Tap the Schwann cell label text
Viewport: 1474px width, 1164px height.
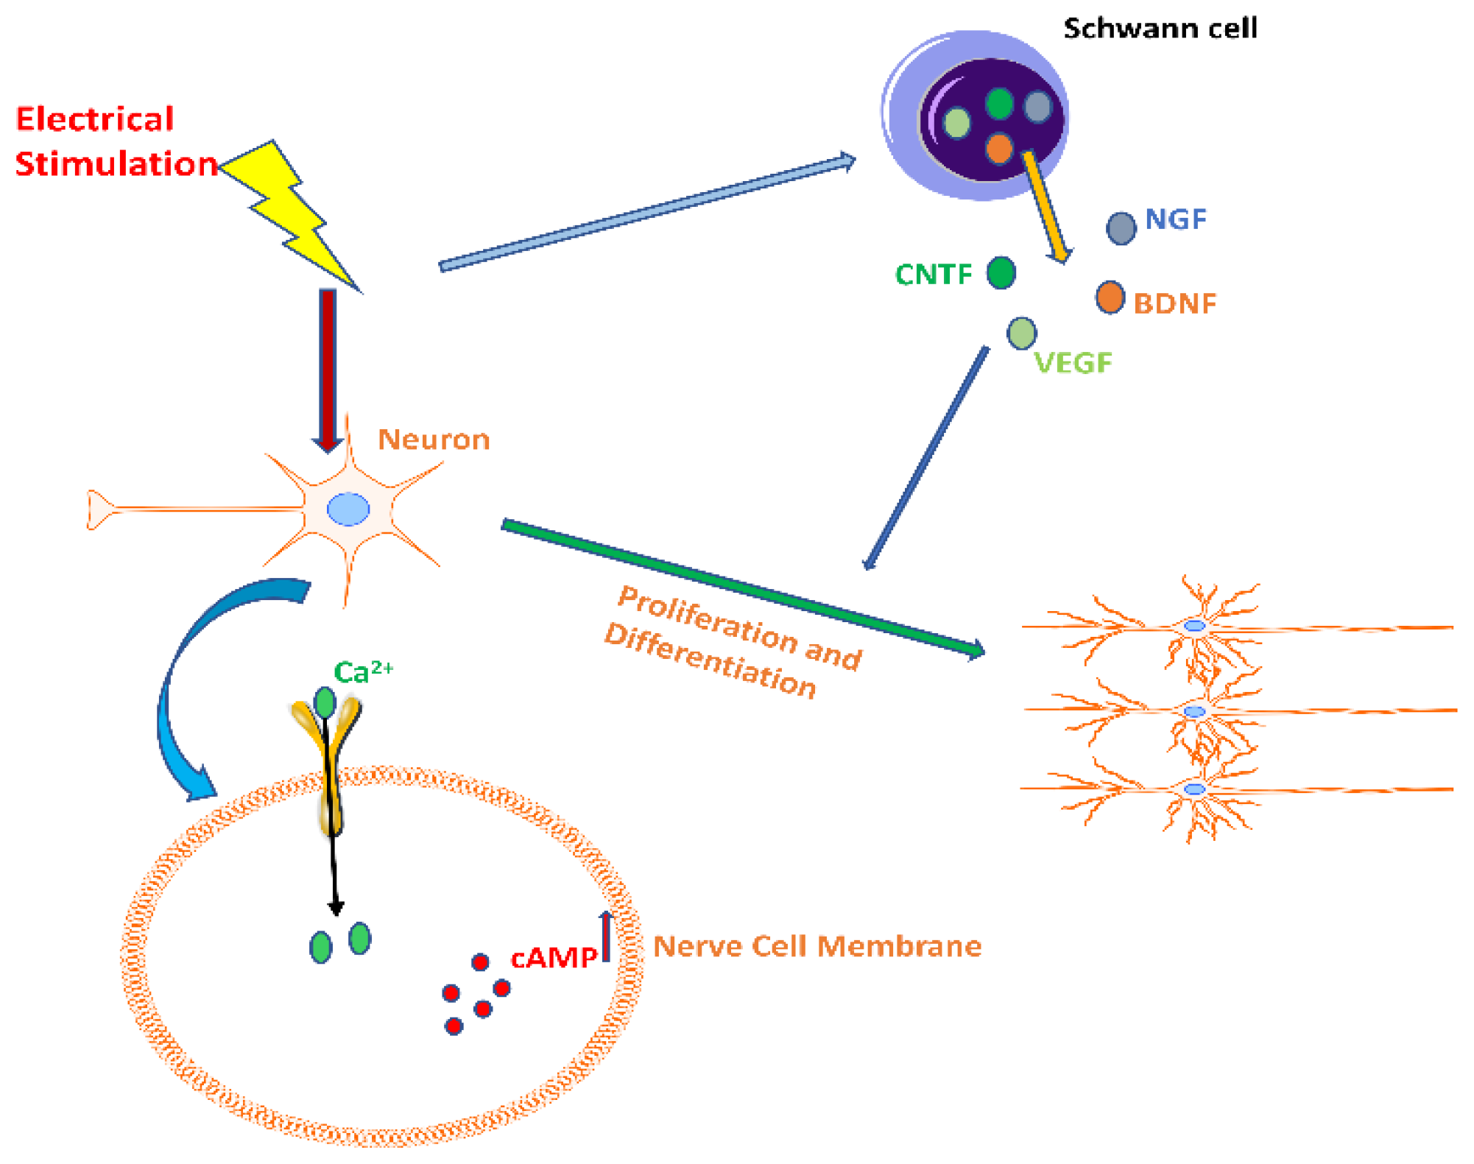point(1160,29)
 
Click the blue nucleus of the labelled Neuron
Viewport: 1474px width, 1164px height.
point(348,509)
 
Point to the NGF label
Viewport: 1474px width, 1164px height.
point(1176,219)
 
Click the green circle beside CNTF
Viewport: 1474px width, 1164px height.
point(1001,273)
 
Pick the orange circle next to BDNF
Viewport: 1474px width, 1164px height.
point(1110,297)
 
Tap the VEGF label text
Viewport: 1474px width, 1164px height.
point(1073,363)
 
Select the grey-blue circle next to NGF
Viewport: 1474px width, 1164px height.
point(1121,228)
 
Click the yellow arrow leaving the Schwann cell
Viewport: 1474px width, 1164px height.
point(1045,206)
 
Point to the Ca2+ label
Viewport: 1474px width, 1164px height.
point(362,671)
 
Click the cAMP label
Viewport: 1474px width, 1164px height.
point(554,958)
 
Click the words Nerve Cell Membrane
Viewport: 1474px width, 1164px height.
point(817,946)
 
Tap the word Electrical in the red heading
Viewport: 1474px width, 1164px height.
point(95,119)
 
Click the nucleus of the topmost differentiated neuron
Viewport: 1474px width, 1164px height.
point(1194,626)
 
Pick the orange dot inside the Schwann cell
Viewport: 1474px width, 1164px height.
point(998,148)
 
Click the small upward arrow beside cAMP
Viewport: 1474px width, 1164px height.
point(606,937)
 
